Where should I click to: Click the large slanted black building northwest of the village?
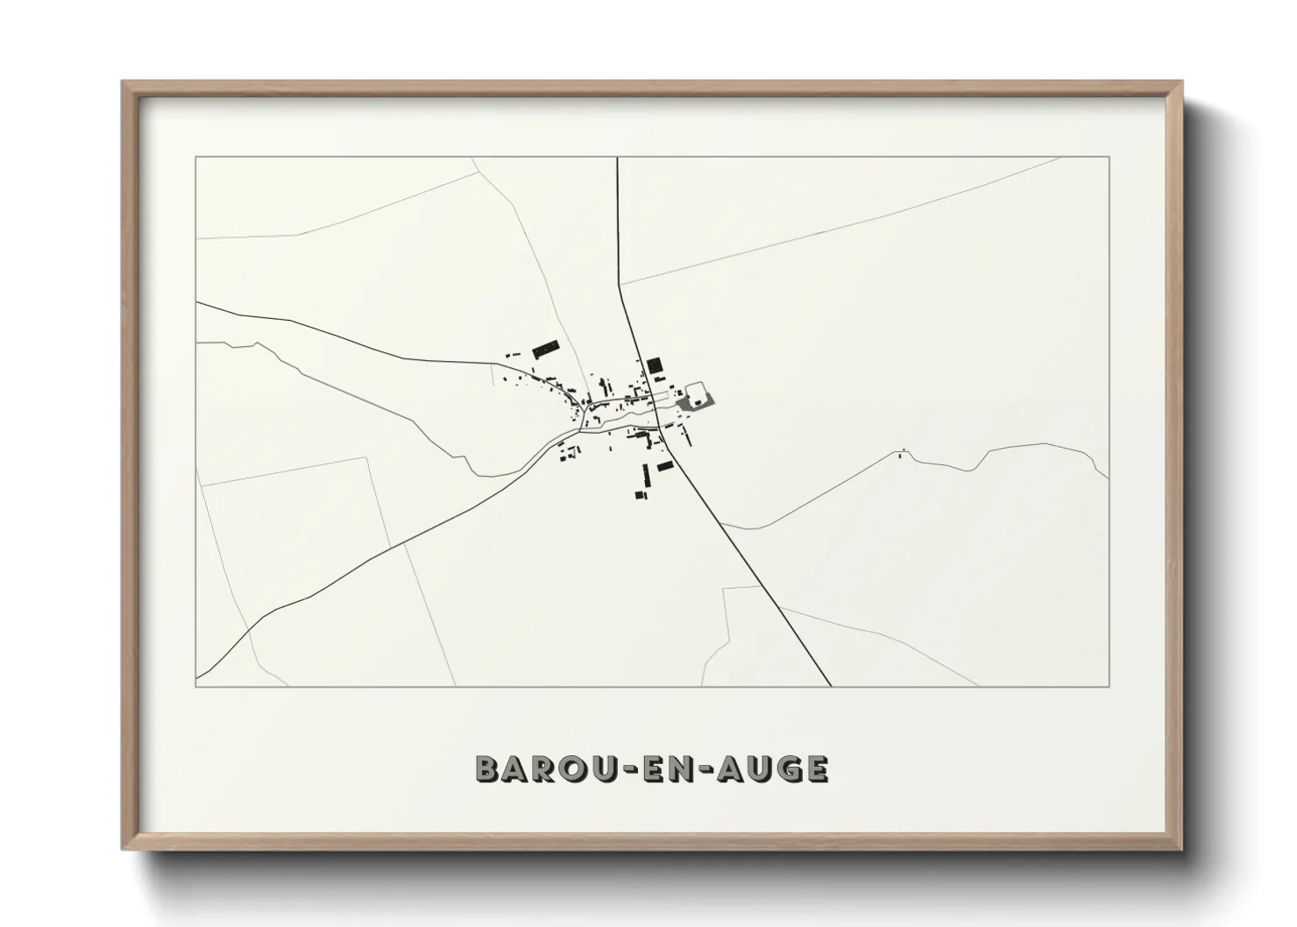pyautogui.click(x=545, y=348)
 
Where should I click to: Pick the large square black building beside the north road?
pyautogui.click(x=654, y=365)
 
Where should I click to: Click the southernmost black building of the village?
pyautogui.click(x=641, y=495)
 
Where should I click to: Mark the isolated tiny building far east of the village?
pyautogui.click(x=903, y=454)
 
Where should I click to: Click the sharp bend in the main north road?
pyautogui.click(x=620, y=284)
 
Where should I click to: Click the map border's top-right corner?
pyautogui.click(x=1109, y=157)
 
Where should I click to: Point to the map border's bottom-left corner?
pyautogui.click(x=196, y=686)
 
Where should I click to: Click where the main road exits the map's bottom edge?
pyautogui.click(x=829, y=686)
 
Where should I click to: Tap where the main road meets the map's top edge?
pyautogui.click(x=618, y=158)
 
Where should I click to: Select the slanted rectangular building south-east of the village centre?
pyautogui.click(x=665, y=465)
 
